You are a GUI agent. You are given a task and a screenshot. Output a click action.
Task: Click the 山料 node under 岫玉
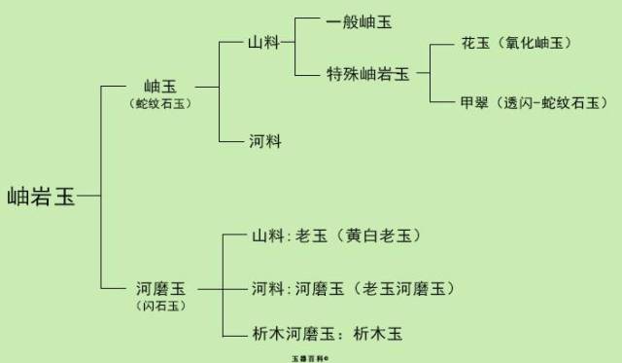coord(264,44)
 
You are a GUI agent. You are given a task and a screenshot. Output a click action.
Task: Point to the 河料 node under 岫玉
coord(264,141)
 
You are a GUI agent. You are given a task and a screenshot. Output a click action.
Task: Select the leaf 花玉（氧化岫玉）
coord(515,44)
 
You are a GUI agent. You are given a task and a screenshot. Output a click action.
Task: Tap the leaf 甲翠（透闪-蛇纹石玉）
coord(534,101)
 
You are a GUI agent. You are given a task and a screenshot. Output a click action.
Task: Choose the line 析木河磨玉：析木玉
coord(327,334)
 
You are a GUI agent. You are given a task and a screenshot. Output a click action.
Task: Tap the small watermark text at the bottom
coord(310,357)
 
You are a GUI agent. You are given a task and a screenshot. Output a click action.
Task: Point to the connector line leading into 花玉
coord(443,44)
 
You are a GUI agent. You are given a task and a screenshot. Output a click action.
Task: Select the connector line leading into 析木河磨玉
coord(235,334)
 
